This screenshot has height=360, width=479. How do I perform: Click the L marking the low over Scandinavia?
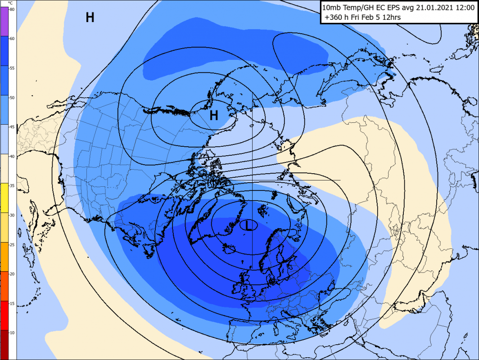tap(248, 225)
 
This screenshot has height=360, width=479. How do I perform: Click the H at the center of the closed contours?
tap(214, 116)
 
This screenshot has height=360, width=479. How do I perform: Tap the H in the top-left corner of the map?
tap(90, 18)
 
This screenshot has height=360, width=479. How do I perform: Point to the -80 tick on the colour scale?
tap(12, 9)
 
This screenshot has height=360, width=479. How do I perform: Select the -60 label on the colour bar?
tap(12, 39)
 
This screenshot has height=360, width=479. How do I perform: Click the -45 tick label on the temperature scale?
tap(12, 127)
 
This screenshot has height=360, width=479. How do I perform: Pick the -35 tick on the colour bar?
tap(12, 185)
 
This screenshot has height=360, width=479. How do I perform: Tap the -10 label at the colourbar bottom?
tap(12, 332)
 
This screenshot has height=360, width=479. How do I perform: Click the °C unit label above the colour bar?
tap(10, 3)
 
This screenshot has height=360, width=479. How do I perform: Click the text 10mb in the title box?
tap(333, 8)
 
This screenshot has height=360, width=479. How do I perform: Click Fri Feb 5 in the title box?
tap(365, 18)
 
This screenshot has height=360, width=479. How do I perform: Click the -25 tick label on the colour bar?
tap(12, 244)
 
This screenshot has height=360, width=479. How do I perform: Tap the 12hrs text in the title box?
tap(390, 18)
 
